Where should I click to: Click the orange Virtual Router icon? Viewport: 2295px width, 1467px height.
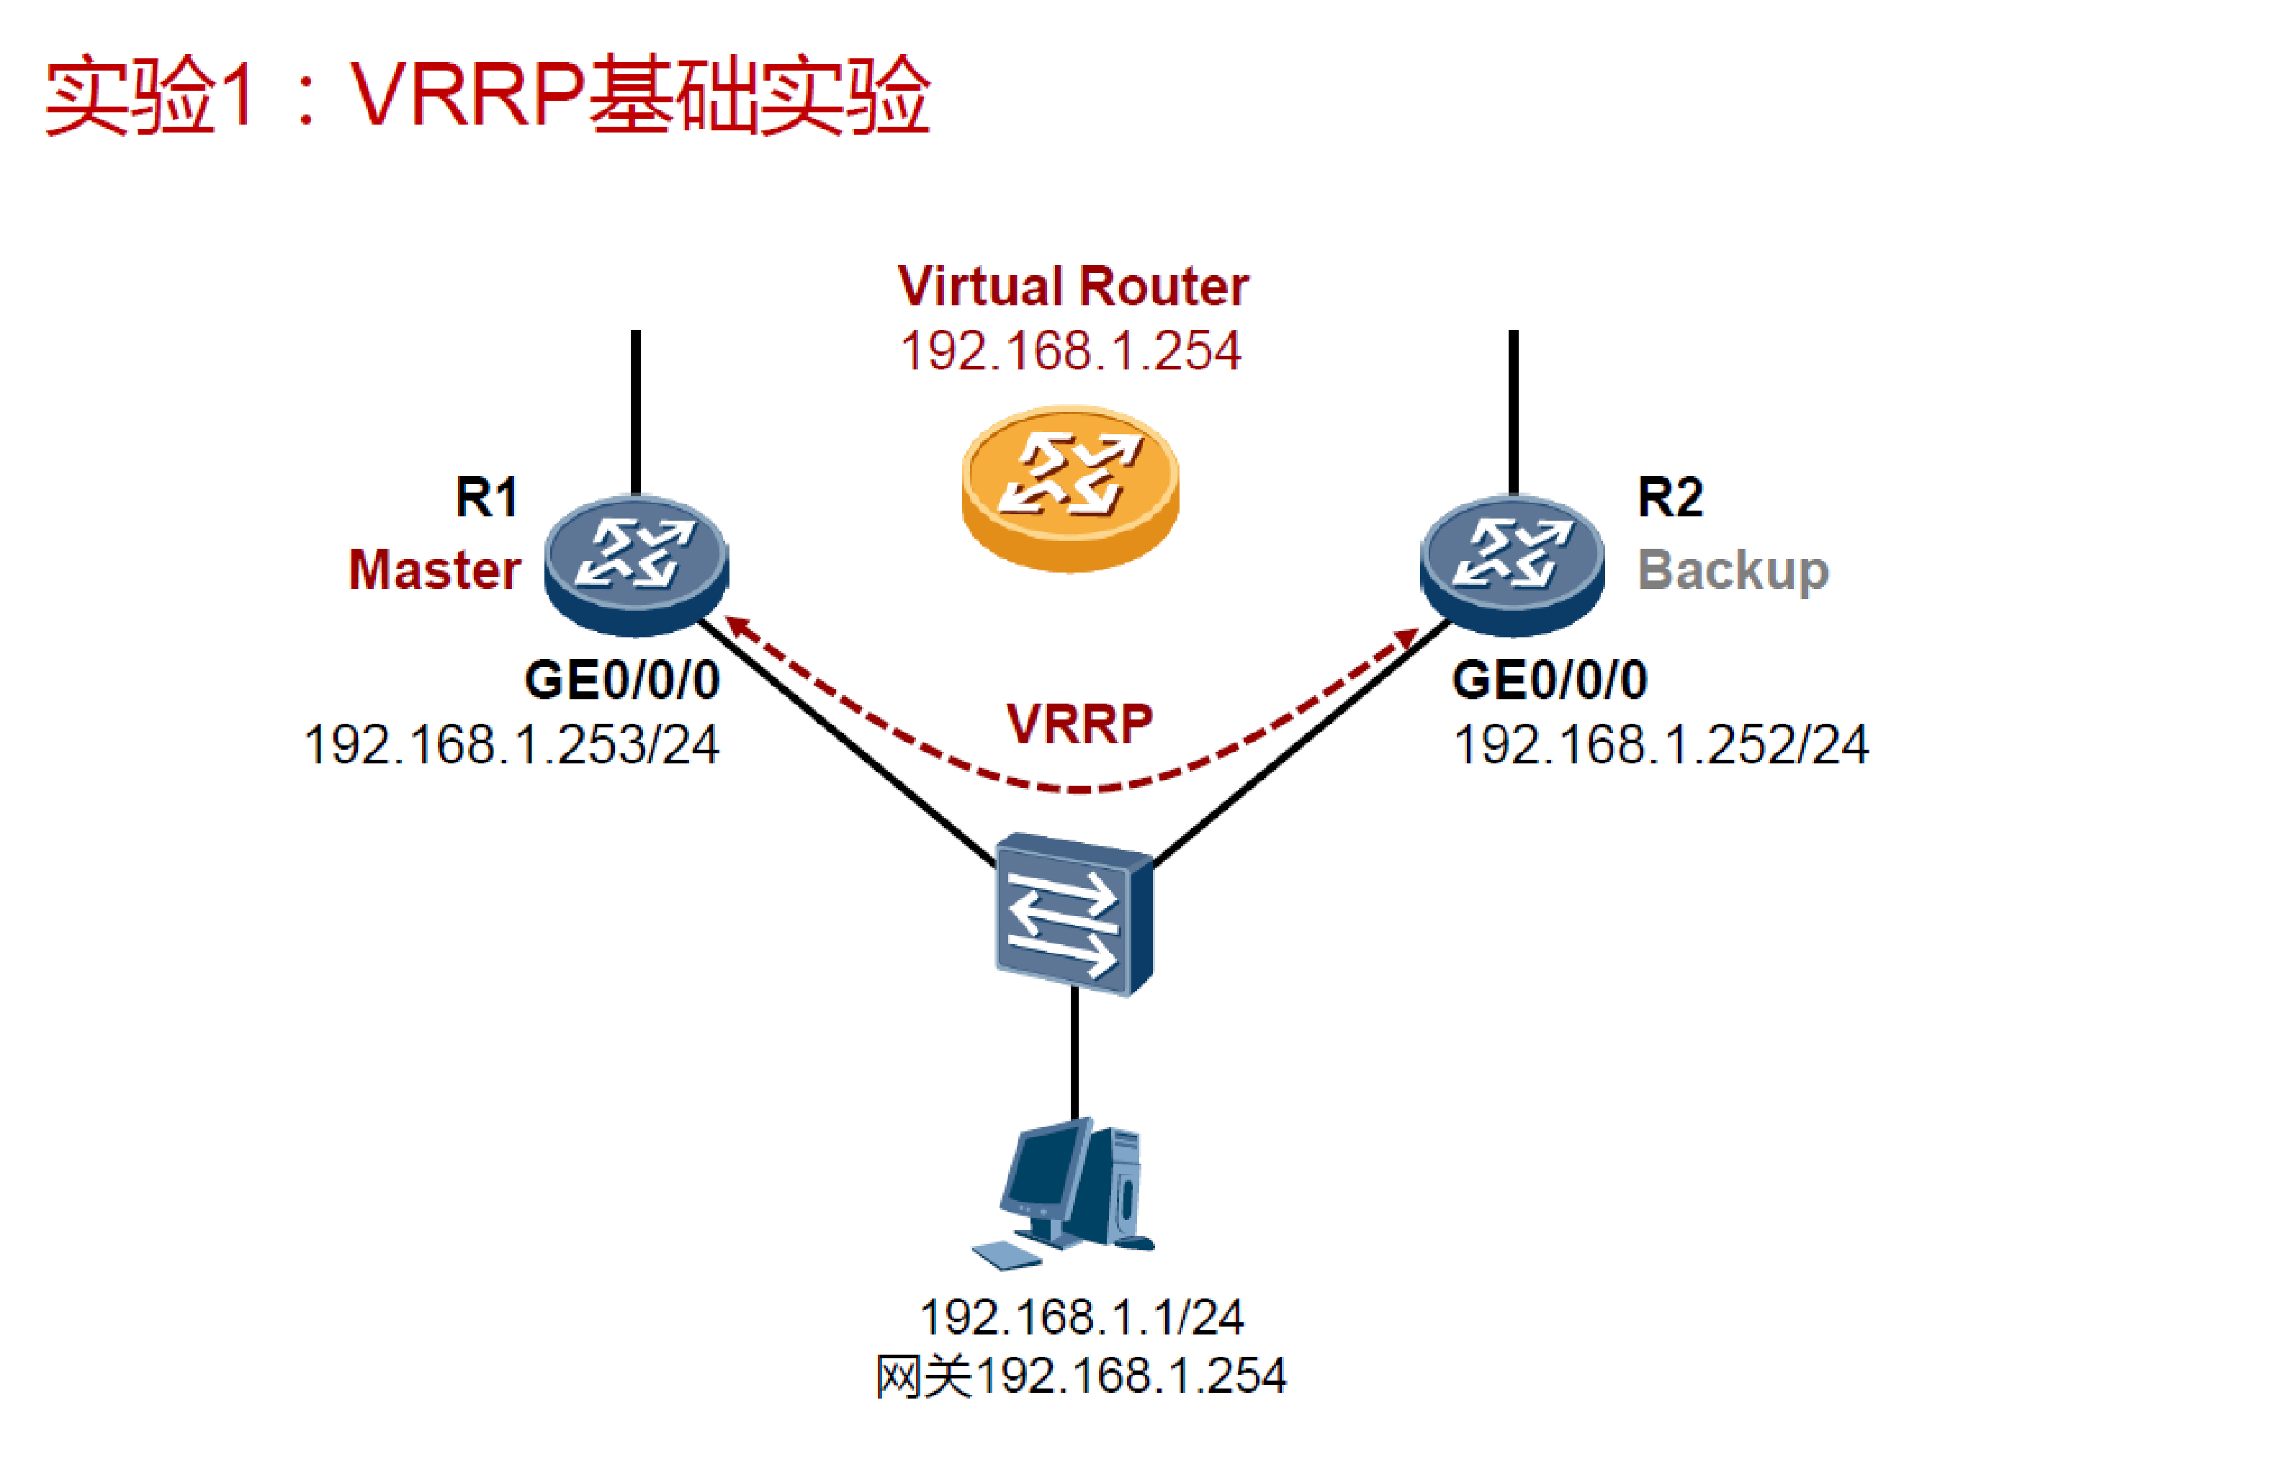click(x=1070, y=488)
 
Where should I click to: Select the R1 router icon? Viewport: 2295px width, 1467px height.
click(x=637, y=565)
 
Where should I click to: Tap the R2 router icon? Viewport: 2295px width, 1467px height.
click(x=1512, y=565)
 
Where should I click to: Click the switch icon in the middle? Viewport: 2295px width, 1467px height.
click(x=1074, y=913)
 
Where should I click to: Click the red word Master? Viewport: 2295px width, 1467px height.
click(x=435, y=570)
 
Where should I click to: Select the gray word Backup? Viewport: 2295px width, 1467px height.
click(x=1733, y=570)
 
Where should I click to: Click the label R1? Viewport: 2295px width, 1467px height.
click(x=486, y=498)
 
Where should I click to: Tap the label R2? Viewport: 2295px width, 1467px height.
click(x=1670, y=498)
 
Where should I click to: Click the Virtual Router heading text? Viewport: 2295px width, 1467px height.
click(x=1073, y=286)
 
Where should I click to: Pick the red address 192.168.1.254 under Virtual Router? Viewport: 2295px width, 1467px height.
click(x=1070, y=351)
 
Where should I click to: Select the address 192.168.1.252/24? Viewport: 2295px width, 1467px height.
click(x=1661, y=745)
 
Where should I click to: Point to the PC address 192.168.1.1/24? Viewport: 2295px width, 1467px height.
click(x=1081, y=1317)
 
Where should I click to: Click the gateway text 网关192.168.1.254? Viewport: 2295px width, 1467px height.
click(x=1081, y=1376)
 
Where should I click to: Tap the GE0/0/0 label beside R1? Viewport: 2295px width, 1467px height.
click(x=622, y=681)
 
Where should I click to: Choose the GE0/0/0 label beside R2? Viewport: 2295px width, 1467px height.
click(x=1550, y=681)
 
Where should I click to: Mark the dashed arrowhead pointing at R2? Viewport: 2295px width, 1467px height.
click(x=1406, y=637)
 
